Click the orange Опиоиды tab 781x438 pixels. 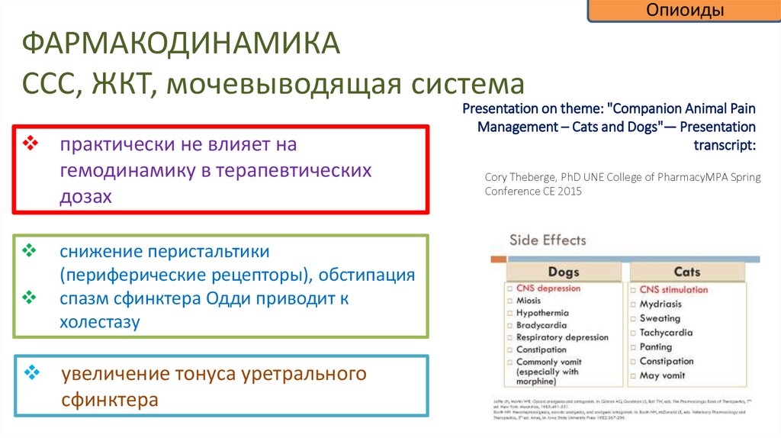point(684,11)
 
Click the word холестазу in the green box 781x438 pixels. point(100,322)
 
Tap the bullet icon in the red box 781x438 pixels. point(31,143)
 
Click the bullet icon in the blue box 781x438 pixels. point(31,372)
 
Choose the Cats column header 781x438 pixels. point(686,272)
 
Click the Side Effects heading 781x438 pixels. point(548,240)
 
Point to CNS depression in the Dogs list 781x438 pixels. point(548,288)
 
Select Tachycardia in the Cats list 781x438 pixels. point(666,333)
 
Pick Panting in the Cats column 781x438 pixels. point(655,347)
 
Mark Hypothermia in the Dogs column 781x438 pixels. point(542,313)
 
